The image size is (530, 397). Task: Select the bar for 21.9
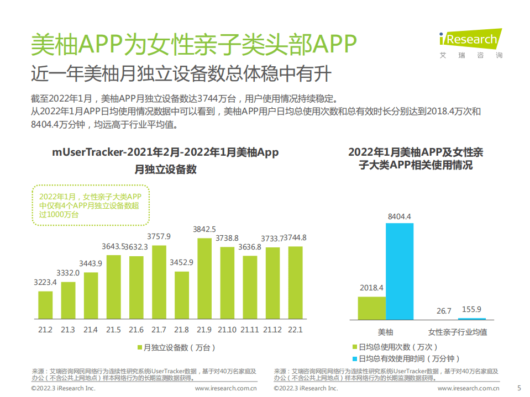204,279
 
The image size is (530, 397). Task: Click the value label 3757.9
159,236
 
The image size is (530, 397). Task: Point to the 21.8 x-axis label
181,330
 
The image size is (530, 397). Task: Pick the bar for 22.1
295,283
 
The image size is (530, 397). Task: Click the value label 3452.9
182,262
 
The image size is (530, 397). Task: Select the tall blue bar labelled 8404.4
400,271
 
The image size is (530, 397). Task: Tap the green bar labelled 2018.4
371,308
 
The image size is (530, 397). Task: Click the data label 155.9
471,309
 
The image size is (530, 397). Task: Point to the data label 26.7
444,311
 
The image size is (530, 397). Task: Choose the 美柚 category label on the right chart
385,332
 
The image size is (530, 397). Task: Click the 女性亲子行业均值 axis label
458,332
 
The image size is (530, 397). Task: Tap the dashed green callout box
90,205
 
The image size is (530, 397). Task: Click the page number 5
518,388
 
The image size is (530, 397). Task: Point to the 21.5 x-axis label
113,330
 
